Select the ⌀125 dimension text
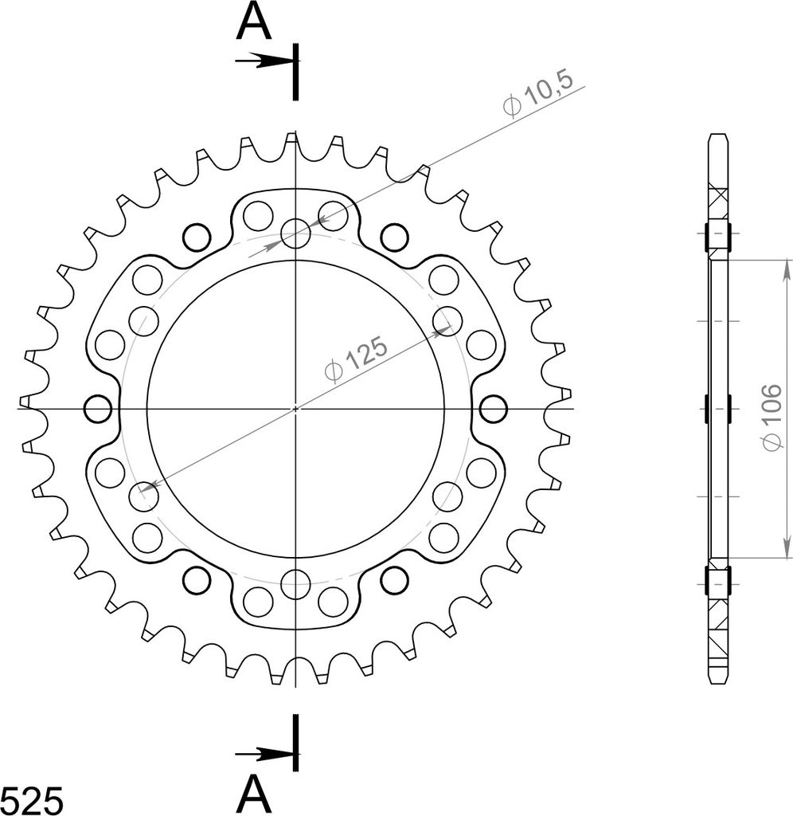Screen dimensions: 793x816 [x=356, y=359]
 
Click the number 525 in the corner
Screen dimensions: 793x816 [x=32, y=800]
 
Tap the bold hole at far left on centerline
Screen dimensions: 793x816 [x=98, y=409]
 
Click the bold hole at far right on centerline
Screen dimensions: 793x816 [x=493, y=409]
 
